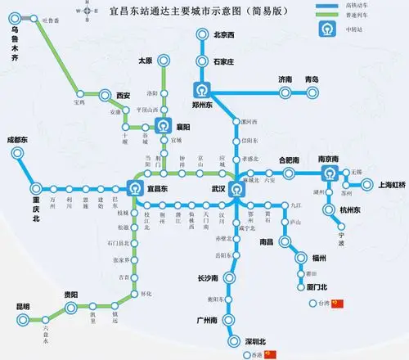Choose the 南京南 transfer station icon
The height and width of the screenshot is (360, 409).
coord(328,174)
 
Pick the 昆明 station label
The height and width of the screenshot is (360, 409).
coord(22,307)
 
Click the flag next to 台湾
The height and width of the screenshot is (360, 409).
coord(338,304)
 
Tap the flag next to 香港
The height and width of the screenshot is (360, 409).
coord(272,354)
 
